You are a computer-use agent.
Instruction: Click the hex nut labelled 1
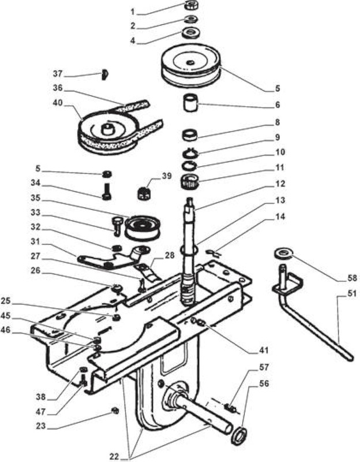(192, 5)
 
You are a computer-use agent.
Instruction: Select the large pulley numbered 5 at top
(191, 65)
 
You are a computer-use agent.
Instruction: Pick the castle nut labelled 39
(144, 193)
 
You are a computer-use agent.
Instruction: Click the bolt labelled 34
(107, 191)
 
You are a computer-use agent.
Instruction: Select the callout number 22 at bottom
(115, 457)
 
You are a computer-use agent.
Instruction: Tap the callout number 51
(352, 294)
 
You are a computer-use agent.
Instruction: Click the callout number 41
(264, 351)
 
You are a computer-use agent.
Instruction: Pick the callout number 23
(41, 426)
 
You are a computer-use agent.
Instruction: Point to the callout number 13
(280, 200)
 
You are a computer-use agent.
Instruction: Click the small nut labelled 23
(115, 410)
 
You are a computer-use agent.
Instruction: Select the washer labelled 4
(192, 32)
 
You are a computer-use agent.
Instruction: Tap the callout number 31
(36, 241)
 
